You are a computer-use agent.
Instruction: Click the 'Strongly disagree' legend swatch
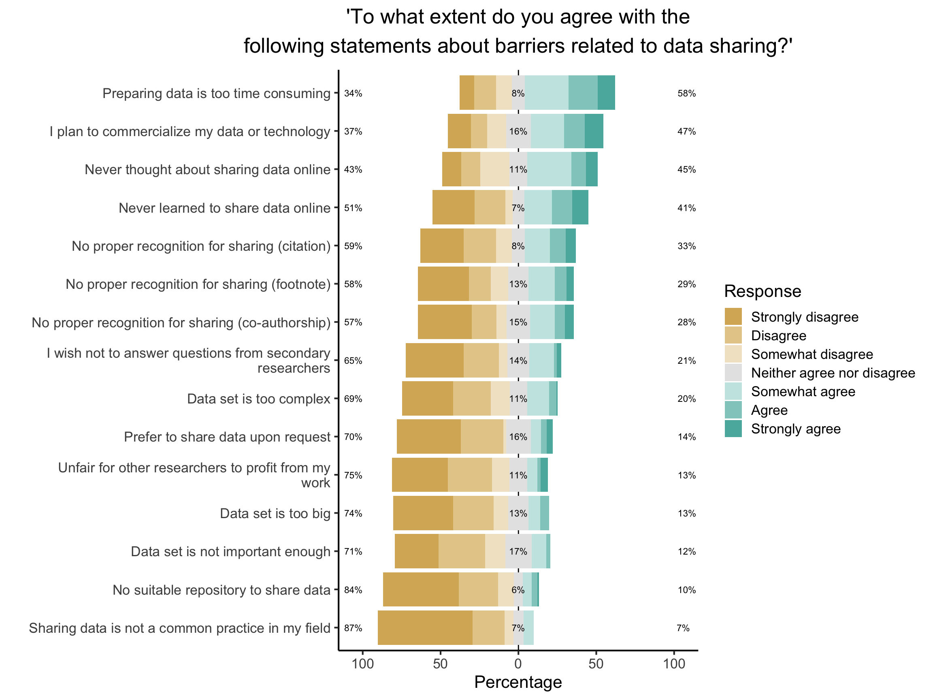pos(733,317)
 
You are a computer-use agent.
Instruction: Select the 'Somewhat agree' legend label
pos(803,392)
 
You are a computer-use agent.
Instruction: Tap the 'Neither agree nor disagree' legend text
pos(833,373)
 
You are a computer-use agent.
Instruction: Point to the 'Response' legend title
pos(762,292)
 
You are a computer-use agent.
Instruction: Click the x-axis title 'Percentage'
pos(518,682)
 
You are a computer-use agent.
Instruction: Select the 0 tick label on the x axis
pos(518,664)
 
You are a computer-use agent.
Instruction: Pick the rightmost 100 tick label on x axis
pos(673,664)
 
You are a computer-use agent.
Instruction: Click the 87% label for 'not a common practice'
pos(353,628)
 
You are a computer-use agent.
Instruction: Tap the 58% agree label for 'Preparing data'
pos(686,93)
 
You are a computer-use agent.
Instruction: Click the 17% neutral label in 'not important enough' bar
pos(518,551)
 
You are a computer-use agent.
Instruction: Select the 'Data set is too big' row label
pos(275,514)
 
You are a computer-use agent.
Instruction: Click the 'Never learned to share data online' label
pos(224,208)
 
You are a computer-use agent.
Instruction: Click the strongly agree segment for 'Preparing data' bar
pos(606,92)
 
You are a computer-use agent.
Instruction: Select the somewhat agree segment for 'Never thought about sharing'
pos(549,169)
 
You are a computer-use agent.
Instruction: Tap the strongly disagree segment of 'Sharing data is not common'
pos(425,627)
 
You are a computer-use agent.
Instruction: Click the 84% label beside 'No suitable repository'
pos(353,590)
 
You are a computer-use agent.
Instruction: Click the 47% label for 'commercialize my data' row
pos(686,132)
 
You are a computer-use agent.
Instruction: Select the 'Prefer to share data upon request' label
pos(227,437)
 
